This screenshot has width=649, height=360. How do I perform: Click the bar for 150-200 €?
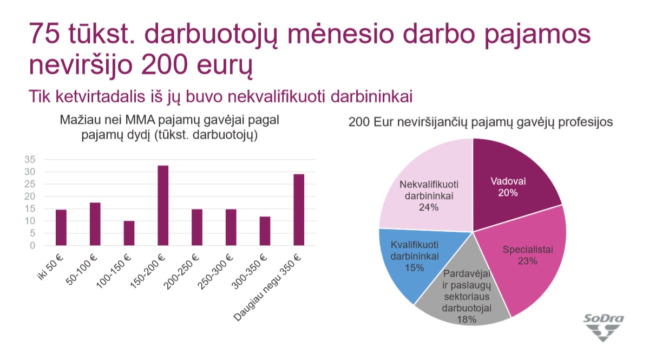click(163, 206)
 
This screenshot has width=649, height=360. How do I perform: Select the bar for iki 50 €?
click(61, 227)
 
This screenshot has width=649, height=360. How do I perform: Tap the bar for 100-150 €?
click(129, 233)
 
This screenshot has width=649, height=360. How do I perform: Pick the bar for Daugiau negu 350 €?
click(299, 210)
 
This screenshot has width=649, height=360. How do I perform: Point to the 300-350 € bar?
click(265, 231)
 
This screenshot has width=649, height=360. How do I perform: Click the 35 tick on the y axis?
click(30, 159)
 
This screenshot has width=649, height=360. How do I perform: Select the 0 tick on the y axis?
click(32, 245)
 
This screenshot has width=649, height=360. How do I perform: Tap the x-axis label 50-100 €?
click(82, 270)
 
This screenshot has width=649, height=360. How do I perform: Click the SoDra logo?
click(604, 328)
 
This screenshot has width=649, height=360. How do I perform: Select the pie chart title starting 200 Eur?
click(481, 122)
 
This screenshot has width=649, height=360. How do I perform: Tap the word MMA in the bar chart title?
click(140, 120)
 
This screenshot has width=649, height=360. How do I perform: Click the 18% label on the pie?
click(467, 319)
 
